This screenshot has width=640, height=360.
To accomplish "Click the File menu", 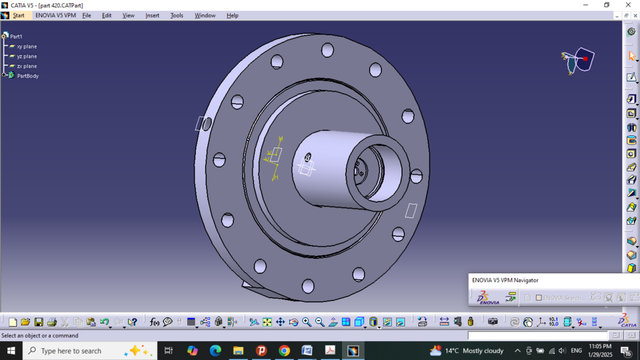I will pyautogui.click(x=87, y=15).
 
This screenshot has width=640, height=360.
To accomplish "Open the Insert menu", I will pyautogui.click(x=152, y=15).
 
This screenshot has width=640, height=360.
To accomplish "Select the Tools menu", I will pyautogui.click(x=177, y=15).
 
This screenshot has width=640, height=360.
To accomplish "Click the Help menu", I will pyautogui.click(x=232, y=15).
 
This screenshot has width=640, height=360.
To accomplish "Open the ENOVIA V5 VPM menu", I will pyautogui.click(x=55, y=15).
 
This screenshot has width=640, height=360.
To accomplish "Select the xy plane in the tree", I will pyautogui.click(x=27, y=47).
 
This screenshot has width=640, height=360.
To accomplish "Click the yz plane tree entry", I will pyautogui.click(x=27, y=57).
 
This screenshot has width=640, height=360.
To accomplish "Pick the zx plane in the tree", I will pyautogui.click(x=27, y=66).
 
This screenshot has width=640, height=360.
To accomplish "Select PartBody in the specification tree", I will pyautogui.click(x=27, y=76).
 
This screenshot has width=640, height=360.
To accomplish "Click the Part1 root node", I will pyautogui.click(x=16, y=37).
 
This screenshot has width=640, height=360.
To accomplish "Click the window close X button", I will pyautogui.click(x=628, y=5).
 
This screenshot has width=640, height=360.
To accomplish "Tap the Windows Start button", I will pyautogui.click(x=11, y=351).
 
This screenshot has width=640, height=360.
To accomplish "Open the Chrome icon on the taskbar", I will pyautogui.click(x=284, y=351).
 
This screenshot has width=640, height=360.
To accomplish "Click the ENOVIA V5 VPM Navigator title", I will pyautogui.click(x=505, y=280).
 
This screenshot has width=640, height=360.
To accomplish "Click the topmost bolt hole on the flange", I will pyautogui.click(x=327, y=50).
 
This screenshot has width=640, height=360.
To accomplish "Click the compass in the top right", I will pyautogui.click(x=578, y=60).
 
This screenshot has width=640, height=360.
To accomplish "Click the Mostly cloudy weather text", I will pyautogui.click(x=483, y=351).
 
